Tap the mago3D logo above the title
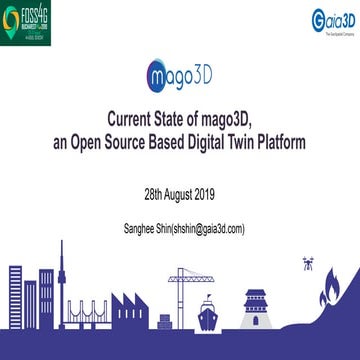[179, 76]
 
